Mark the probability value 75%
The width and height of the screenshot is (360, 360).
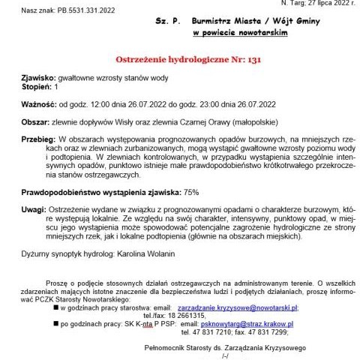tap(191, 193)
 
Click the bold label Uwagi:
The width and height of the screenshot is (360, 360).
tap(34, 211)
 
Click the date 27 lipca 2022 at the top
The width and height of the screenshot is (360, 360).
tap(324, 3)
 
